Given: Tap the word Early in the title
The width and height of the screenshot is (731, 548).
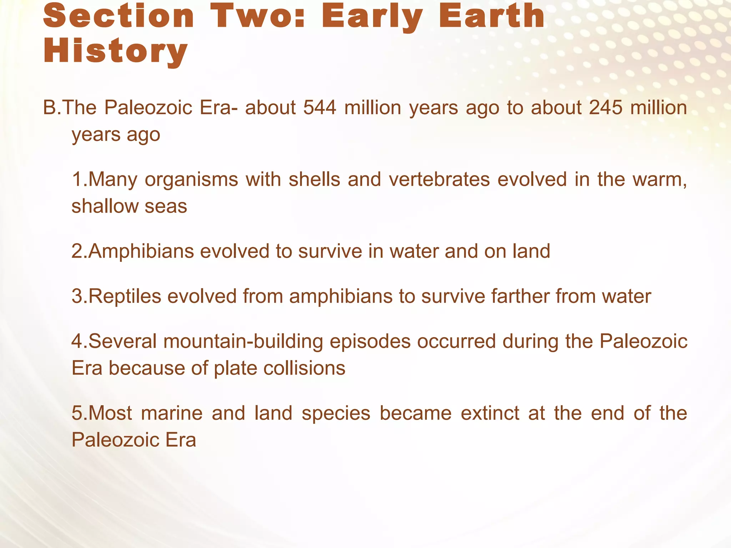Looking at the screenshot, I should point(372,16).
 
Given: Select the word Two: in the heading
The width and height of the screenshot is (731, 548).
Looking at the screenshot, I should point(258,16).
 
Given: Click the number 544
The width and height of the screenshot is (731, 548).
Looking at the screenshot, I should point(319,107).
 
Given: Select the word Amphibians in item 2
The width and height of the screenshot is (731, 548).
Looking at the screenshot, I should point(141,251).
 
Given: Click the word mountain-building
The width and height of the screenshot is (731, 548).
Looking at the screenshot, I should point(243,341).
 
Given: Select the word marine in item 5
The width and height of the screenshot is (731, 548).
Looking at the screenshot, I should point(172,413).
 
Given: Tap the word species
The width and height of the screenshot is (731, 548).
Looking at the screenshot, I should point(336,413).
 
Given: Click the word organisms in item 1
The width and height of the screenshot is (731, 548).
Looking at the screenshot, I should point(191,179).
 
